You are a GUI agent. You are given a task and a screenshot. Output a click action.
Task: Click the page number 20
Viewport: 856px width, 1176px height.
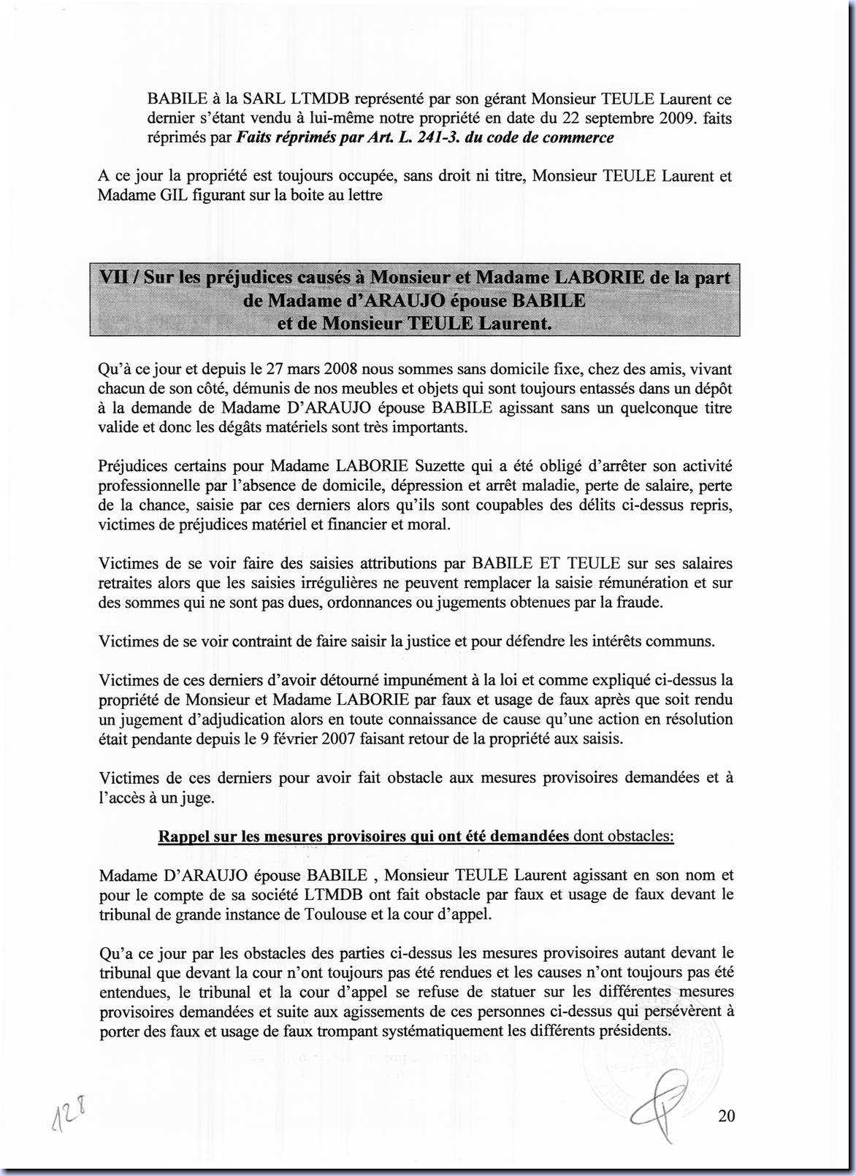(x=726, y=1115)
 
